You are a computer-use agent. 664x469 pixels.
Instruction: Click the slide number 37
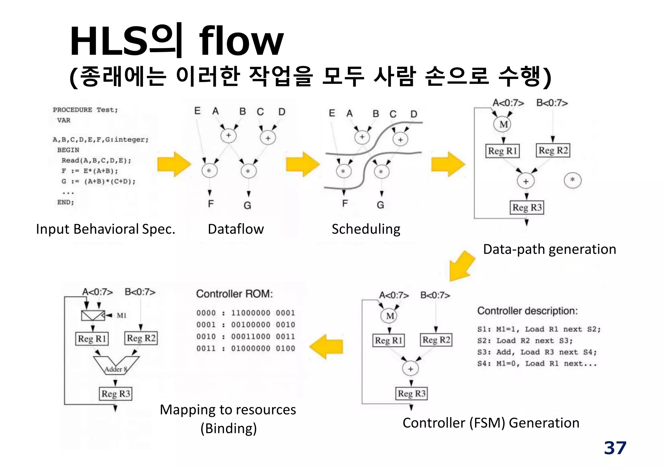point(615,448)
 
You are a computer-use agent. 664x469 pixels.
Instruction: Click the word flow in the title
point(241,41)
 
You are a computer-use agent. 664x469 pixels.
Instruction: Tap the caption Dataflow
point(236,229)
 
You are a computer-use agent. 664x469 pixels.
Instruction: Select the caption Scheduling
point(366,229)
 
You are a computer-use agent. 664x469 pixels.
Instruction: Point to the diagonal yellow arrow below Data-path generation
point(462,266)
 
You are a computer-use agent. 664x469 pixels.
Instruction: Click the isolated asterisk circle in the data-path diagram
point(573,180)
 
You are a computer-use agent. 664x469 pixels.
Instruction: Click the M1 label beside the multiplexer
point(122,315)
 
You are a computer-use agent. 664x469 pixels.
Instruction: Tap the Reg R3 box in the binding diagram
point(115,394)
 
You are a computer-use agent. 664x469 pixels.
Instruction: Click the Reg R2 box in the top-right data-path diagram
point(553,151)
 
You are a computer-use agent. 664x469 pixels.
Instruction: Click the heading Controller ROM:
point(234,294)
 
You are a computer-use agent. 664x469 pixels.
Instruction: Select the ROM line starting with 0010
point(245,337)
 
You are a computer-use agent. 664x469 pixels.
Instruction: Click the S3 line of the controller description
point(537,352)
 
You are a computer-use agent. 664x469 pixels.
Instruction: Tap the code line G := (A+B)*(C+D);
point(98,181)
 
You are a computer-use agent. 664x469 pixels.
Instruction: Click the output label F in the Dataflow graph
point(211,204)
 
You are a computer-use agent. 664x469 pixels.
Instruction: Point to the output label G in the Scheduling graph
point(380,205)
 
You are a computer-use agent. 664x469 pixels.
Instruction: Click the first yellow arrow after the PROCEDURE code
point(174,164)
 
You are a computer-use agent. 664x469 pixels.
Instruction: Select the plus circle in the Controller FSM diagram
point(410,369)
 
